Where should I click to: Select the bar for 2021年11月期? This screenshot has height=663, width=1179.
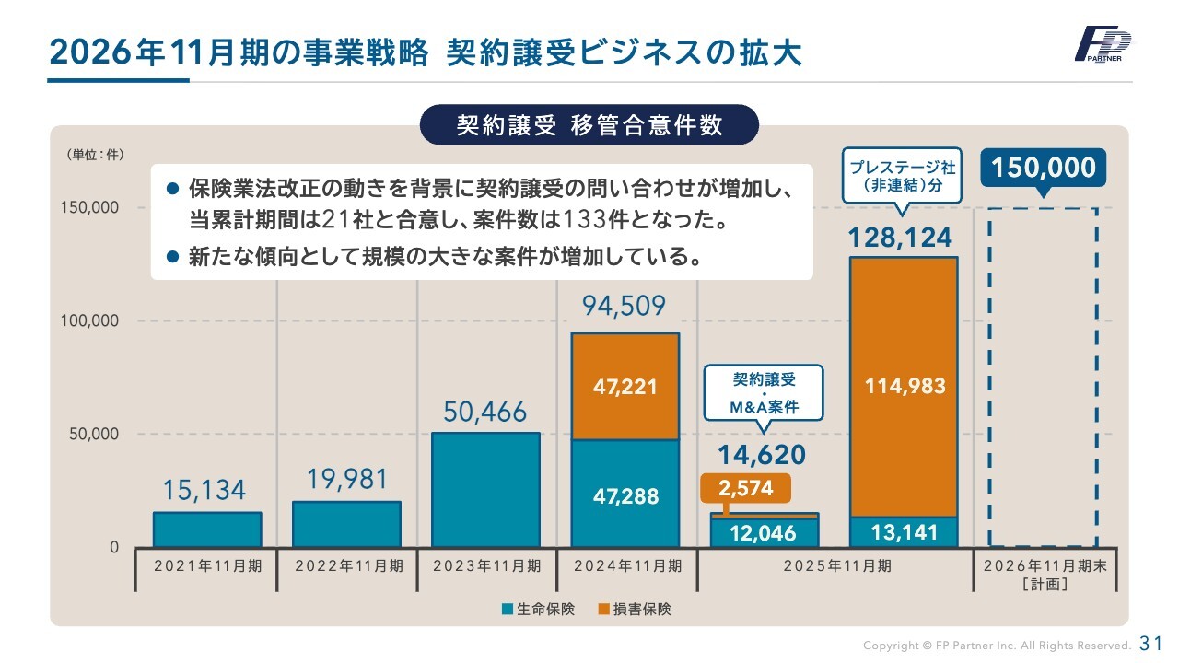[207, 529]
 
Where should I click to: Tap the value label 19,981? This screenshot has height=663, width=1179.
[346, 480]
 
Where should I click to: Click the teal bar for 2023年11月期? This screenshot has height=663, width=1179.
[485, 490]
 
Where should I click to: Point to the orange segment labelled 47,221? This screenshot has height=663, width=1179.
[625, 386]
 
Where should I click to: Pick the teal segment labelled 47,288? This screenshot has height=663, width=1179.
[625, 494]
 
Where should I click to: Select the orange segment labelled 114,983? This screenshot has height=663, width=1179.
[904, 386]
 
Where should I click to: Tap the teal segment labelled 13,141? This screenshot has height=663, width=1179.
[904, 532]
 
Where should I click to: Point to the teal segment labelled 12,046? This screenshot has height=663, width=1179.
[764, 533]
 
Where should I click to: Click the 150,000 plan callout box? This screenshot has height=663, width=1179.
[1044, 168]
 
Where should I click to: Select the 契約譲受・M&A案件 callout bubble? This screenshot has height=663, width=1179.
[764, 393]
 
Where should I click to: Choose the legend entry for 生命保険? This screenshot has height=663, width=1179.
[539, 609]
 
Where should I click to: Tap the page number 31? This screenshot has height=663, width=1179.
[1151, 643]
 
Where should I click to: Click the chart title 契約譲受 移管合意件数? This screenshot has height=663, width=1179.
[589, 125]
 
